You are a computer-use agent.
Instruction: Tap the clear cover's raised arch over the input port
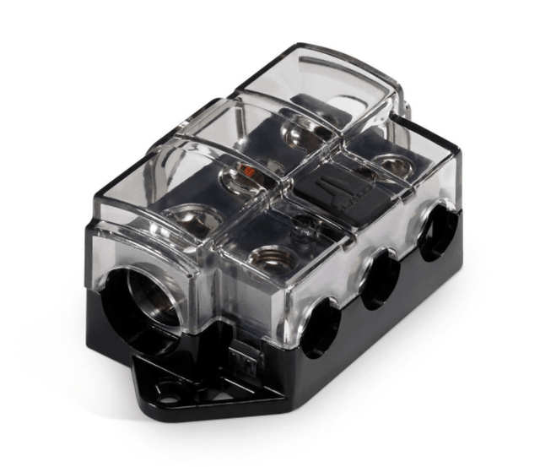(x=139, y=253)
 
